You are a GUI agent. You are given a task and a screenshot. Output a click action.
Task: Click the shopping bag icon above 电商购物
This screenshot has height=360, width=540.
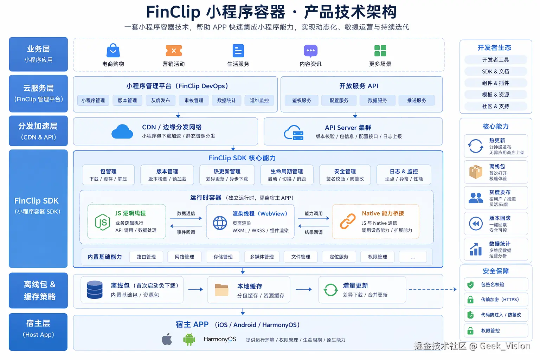pyautogui.click(x=113, y=51)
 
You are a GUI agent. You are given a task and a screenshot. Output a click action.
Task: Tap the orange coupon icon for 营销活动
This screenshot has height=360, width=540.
pyautogui.click(x=174, y=51)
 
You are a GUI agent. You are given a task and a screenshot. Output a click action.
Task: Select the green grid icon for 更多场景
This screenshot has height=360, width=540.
pyautogui.click(x=380, y=51)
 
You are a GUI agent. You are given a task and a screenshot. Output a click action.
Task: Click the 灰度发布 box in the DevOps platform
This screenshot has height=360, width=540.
pyautogui.click(x=160, y=101)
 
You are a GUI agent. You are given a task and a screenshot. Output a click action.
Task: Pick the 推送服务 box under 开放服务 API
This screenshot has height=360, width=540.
pyautogui.click(x=417, y=101)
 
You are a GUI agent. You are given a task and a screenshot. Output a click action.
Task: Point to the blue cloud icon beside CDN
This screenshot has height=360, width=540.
pyautogui.click(x=122, y=132)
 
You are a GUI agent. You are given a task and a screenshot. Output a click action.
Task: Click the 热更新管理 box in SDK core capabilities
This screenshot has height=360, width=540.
pyautogui.click(x=227, y=175)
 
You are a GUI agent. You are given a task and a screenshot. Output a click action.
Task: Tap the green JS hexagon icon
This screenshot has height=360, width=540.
pyautogui.click(x=102, y=222)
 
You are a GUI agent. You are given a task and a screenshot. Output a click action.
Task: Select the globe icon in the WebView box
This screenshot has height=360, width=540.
pyautogui.click(x=220, y=223)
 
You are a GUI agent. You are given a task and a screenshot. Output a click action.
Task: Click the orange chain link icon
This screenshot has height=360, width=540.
pyautogui.click(x=348, y=221)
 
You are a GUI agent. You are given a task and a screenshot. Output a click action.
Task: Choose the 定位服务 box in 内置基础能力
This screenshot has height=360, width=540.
pyautogui.click(x=339, y=257)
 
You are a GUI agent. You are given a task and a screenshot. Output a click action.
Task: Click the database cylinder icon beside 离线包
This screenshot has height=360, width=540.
pyautogui.click(x=95, y=290)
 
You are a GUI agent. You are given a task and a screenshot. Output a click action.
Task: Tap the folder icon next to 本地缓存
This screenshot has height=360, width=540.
pyautogui.click(x=222, y=290)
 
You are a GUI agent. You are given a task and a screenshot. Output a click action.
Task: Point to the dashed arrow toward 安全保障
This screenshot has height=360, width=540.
pyautogui.click(x=432, y=289)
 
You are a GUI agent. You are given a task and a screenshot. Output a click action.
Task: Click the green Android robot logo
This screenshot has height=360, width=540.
pyautogui.click(x=189, y=339)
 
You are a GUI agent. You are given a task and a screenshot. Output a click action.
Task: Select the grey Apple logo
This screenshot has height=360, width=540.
pyautogui.click(x=167, y=339)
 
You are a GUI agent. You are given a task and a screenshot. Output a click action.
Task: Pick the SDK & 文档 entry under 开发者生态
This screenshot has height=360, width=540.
pyautogui.click(x=496, y=71)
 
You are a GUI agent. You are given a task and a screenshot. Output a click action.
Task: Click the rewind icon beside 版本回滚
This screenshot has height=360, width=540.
pyautogui.click(x=476, y=224)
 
